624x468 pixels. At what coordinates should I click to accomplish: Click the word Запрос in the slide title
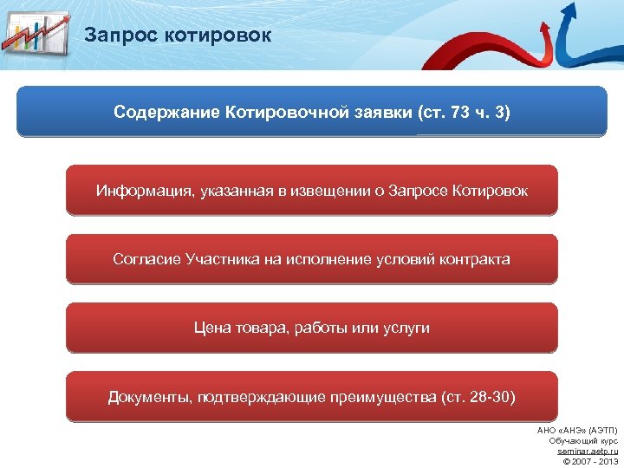point(117,36)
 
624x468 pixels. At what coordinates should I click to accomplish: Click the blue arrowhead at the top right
point(569,10)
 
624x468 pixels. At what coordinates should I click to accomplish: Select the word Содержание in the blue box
point(166,113)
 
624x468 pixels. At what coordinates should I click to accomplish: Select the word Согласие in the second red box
point(146,259)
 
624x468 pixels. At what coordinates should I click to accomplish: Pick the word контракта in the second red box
point(474,259)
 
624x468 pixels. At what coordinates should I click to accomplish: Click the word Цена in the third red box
point(211,328)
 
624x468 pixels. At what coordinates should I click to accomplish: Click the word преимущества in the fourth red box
point(382,397)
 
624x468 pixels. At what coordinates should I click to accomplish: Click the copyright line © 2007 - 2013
point(588,461)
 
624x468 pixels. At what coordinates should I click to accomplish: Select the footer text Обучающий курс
point(583,440)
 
